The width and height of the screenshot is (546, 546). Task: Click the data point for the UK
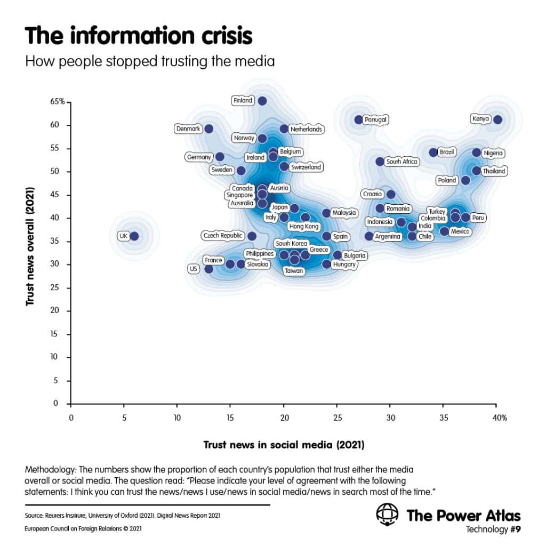click(x=134, y=236)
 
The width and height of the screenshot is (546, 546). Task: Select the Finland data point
click(x=262, y=100)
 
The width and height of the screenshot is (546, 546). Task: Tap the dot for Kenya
click(x=497, y=119)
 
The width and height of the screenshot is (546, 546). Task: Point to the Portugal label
click(x=375, y=120)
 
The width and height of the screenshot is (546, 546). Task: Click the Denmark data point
click(x=209, y=129)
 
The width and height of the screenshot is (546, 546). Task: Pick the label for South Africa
click(x=402, y=162)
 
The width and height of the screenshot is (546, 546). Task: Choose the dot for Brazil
click(x=433, y=152)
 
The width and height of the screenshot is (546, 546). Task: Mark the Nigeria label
click(x=493, y=154)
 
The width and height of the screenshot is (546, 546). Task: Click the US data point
click(x=209, y=269)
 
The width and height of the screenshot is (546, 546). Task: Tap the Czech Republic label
click(x=222, y=236)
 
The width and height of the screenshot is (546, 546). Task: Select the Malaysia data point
click(x=326, y=213)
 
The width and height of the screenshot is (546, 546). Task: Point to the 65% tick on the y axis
click(x=58, y=101)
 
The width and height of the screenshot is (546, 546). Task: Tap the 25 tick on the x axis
click(x=337, y=418)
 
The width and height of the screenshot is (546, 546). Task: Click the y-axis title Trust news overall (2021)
click(x=30, y=246)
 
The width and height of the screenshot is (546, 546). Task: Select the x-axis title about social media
click(x=284, y=444)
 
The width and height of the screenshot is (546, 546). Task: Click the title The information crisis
click(x=139, y=36)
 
